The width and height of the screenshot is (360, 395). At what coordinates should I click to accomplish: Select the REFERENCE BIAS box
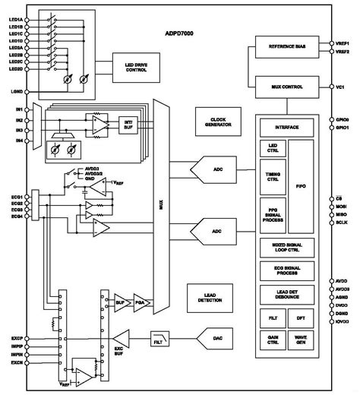pos(288,47)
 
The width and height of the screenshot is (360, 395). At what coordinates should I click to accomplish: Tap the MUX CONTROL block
pos(288,87)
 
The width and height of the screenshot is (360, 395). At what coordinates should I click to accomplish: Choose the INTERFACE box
pos(288,129)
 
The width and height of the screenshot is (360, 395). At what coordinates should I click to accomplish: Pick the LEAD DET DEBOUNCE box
pos(288,295)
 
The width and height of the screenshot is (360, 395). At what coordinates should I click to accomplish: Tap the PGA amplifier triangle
pos(140,299)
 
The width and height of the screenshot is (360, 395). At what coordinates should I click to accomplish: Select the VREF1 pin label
pos(343,43)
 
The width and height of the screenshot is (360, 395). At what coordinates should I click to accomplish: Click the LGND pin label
pos(15,92)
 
